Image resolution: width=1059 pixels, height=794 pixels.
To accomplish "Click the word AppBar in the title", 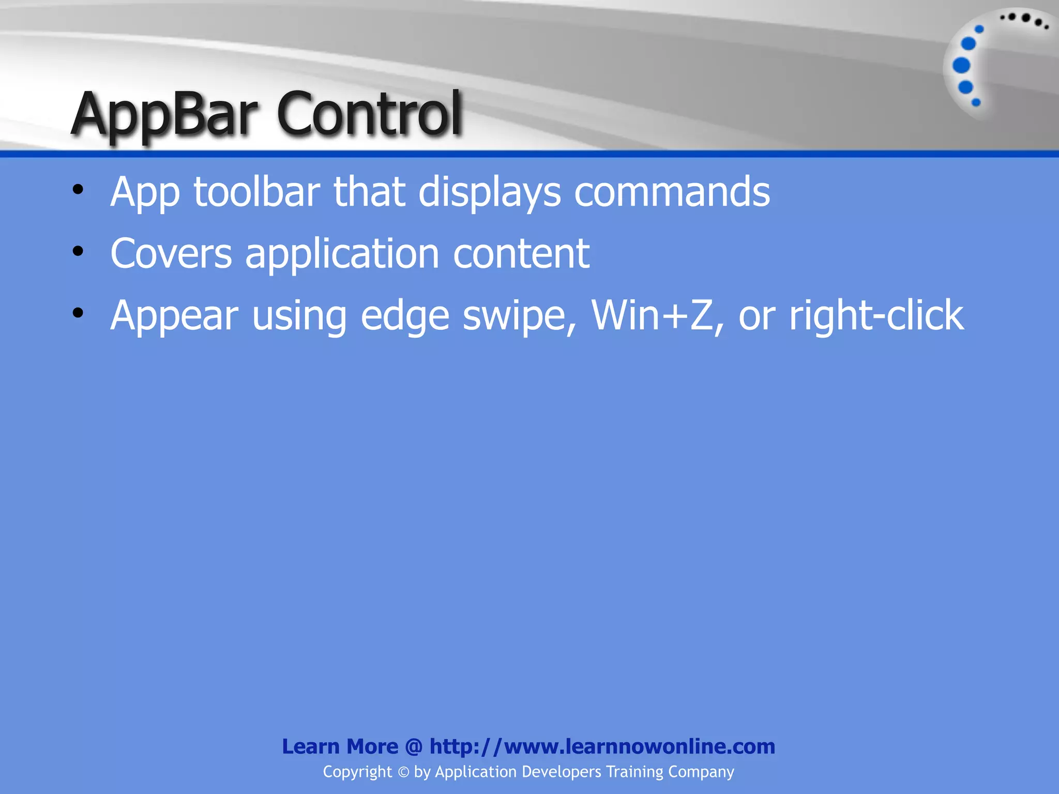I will click(x=164, y=115).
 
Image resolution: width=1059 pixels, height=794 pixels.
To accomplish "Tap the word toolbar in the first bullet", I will click(x=256, y=192).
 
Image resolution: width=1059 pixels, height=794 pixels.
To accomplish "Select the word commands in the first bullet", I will click(x=672, y=192).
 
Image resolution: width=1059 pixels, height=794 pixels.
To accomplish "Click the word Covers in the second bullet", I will click(x=171, y=254).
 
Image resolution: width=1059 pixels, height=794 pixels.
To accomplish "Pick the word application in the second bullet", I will click(x=342, y=255).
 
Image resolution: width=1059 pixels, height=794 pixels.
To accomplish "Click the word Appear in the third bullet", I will click(x=174, y=316).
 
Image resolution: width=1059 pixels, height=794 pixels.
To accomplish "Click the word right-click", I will click(x=876, y=316).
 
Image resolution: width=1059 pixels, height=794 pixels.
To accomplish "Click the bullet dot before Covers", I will click(x=78, y=251).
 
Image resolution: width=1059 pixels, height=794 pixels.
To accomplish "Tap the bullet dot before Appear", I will click(x=78, y=313).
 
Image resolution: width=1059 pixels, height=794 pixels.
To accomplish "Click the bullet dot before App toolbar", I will click(x=78, y=189).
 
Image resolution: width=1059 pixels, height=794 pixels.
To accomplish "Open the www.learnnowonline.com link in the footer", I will click(x=602, y=746).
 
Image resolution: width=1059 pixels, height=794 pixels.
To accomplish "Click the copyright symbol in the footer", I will click(x=403, y=772).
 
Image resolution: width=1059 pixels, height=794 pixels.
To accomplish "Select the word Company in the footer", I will click(x=701, y=772).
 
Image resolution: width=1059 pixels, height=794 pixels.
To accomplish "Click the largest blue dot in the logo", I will click(x=961, y=66).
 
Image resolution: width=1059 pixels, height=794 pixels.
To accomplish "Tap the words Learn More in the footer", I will click(x=340, y=746).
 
